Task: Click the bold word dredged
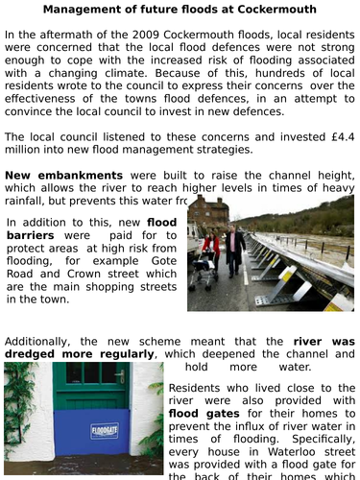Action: pos(36,354)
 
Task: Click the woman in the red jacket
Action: pos(210,252)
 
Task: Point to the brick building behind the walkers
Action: pos(209,216)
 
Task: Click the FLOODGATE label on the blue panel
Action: pos(104,431)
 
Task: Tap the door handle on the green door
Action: pos(120,376)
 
